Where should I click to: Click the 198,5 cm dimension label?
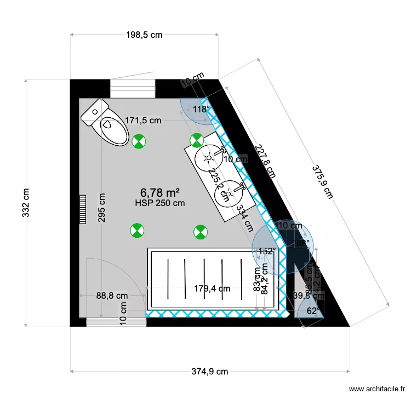click(x=144, y=35)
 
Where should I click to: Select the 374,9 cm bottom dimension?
click(x=210, y=372)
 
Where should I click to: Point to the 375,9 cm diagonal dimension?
click(x=322, y=182)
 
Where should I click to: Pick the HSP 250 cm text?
click(x=160, y=203)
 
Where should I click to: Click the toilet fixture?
click(x=105, y=123)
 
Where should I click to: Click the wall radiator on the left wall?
click(x=83, y=209)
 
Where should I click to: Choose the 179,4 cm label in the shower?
click(x=212, y=288)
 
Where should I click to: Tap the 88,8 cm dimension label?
click(x=111, y=296)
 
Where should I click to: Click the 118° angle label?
click(x=201, y=110)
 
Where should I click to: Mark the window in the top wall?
click(x=133, y=88)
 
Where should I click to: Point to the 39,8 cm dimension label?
click(x=309, y=296)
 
